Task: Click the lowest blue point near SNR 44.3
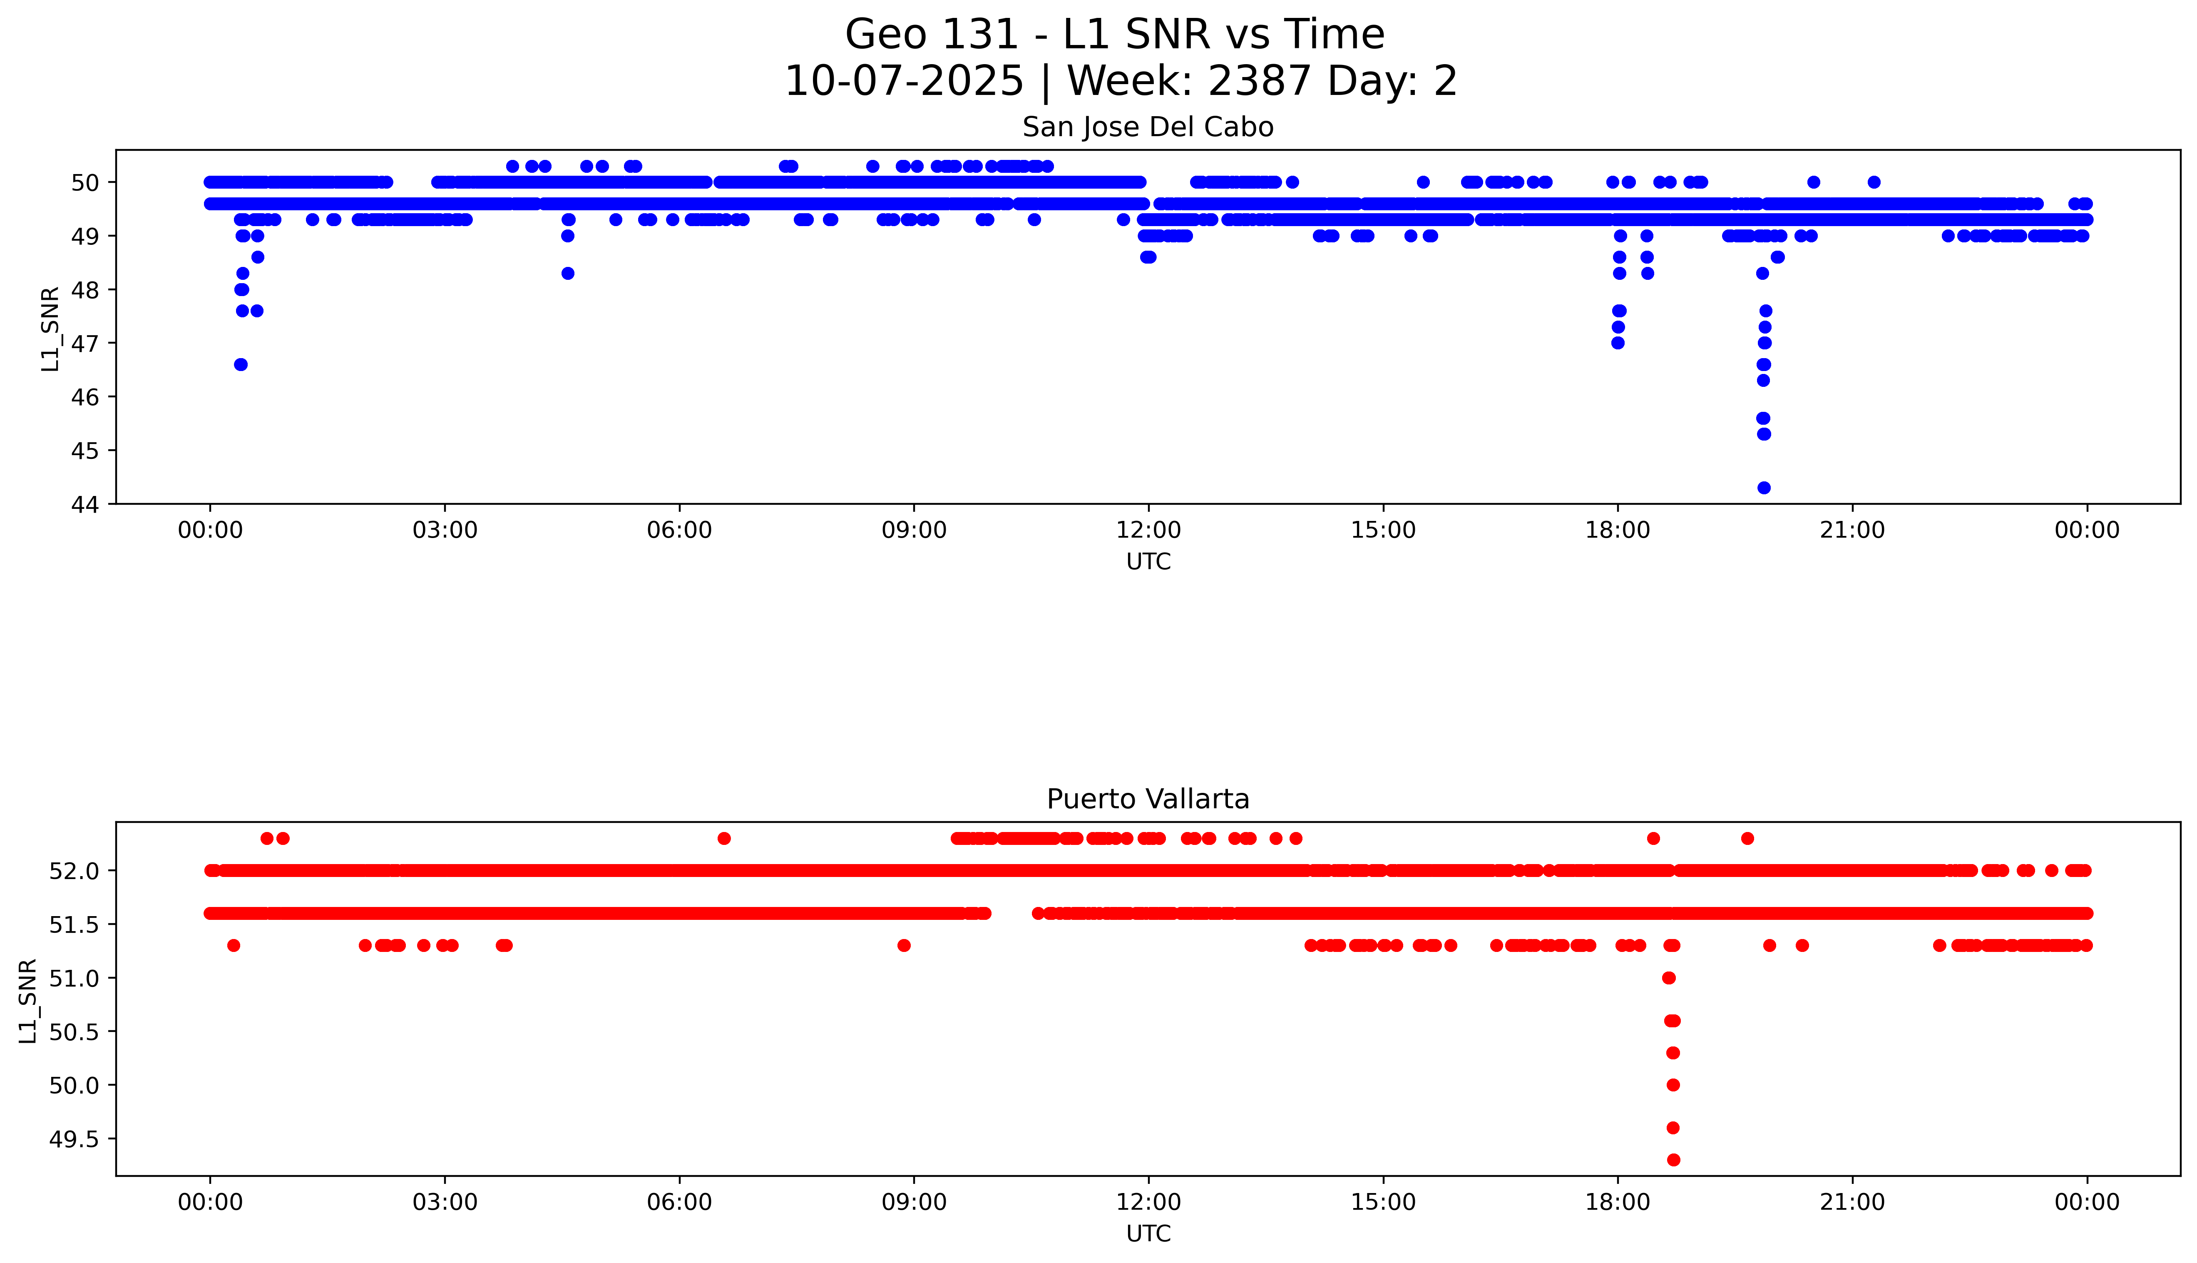pyautogui.click(x=1764, y=488)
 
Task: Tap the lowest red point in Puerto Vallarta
pyautogui.click(x=1673, y=1160)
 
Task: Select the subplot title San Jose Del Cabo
pyautogui.click(x=1148, y=127)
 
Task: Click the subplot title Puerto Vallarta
pyautogui.click(x=1148, y=799)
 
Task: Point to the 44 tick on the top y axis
pyautogui.click(x=90, y=504)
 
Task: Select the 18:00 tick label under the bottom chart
pyautogui.click(x=1618, y=1202)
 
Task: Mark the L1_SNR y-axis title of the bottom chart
pyautogui.click(x=29, y=1000)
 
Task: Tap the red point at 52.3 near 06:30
pyautogui.click(x=724, y=838)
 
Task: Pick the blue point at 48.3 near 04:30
pyautogui.click(x=568, y=273)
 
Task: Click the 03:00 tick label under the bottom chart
pyautogui.click(x=445, y=1202)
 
